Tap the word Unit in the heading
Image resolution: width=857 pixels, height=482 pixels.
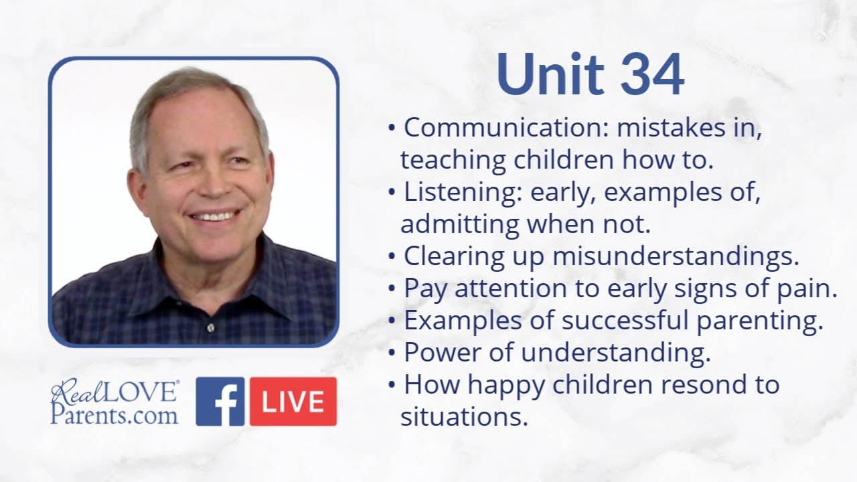point(550,74)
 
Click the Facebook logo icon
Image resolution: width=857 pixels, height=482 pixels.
point(220,401)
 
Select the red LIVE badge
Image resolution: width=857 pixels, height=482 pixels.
point(293,401)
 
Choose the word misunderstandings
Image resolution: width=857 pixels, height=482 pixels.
point(676,256)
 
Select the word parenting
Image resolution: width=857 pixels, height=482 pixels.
point(760,321)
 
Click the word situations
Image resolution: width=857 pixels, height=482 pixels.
point(465,416)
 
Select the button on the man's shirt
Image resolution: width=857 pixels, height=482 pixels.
point(211,327)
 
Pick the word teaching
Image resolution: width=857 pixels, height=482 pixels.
point(453,161)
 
